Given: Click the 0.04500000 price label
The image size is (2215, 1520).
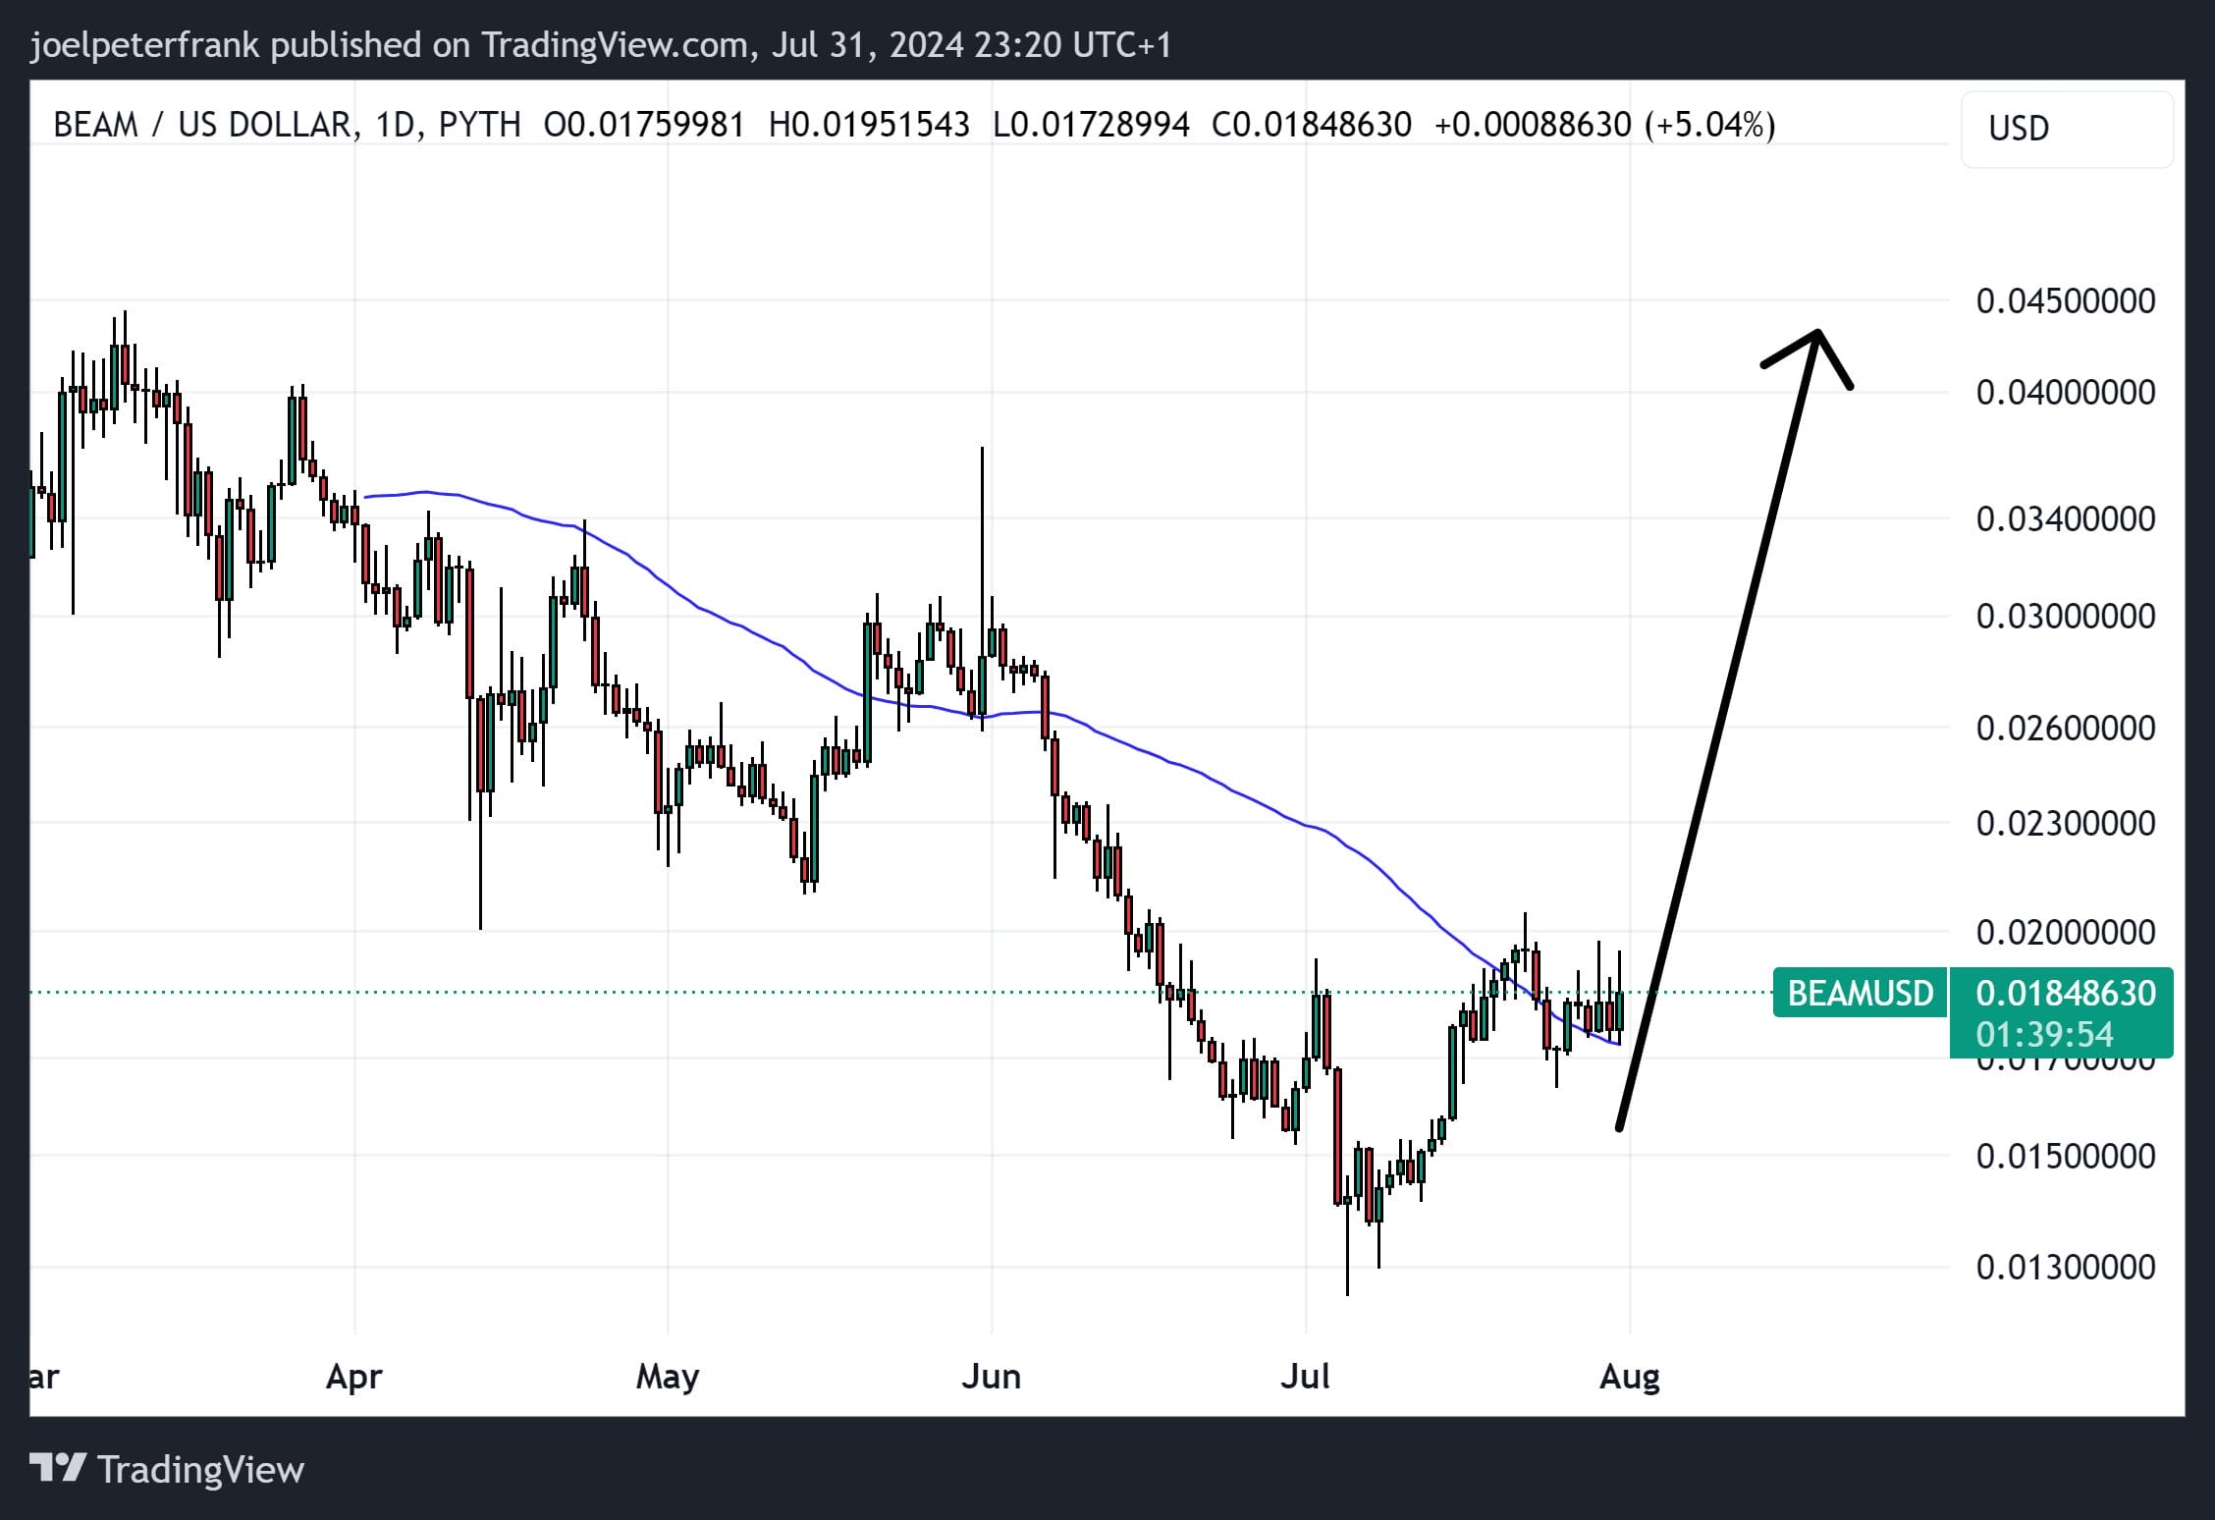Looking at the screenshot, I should click(x=2065, y=300).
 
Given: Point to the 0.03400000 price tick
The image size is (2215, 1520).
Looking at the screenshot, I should click(x=2065, y=518).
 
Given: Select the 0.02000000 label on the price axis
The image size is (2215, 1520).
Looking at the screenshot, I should click(x=2065, y=932).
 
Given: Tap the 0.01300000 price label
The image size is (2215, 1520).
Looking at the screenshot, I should click(x=2065, y=1267).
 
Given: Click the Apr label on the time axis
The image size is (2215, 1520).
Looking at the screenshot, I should click(x=353, y=1377).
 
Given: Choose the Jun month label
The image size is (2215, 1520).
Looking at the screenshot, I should click(x=991, y=1377).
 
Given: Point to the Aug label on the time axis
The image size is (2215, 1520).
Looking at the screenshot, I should click(x=1629, y=1377).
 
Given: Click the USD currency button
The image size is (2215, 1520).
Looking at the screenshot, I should click(x=2066, y=129).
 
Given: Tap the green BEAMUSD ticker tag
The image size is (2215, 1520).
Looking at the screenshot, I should click(x=1860, y=993).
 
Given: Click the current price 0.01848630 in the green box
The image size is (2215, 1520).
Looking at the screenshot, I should click(x=2065, y=993).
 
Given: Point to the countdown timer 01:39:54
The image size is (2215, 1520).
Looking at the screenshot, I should click(x=2044, y=1034).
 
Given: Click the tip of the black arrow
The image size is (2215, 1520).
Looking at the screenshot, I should click(x=1817, y=333).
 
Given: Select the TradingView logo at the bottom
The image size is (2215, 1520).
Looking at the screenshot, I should click(x=167, y=1469).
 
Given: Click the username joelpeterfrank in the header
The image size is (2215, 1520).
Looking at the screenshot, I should click(x=144, y=45).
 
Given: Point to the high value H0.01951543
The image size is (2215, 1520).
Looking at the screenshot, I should click(x=869, y=125).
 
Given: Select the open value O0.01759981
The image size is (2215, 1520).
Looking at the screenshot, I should click(x=644, y=125).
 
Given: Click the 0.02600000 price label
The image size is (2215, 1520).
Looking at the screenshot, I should click(x=2065, y=728).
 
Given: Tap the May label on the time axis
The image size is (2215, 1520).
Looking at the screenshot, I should click(x=667, y=1377).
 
